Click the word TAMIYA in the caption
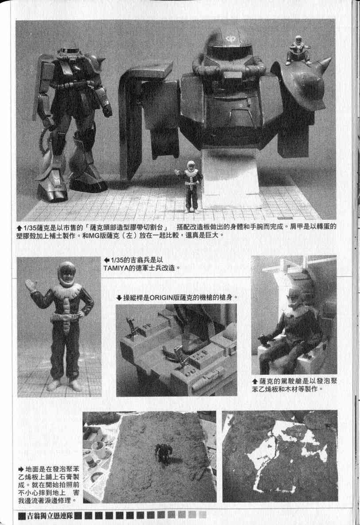coord(116,268)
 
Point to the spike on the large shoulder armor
coord(325,62)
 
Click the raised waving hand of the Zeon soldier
coord(30,286)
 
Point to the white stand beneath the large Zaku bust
coord(231,179)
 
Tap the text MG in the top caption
coord(93,235)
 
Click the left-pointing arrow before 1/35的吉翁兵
coord(107,260)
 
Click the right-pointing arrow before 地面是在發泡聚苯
coord(21,469)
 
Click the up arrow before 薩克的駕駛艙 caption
coord(255,381)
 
